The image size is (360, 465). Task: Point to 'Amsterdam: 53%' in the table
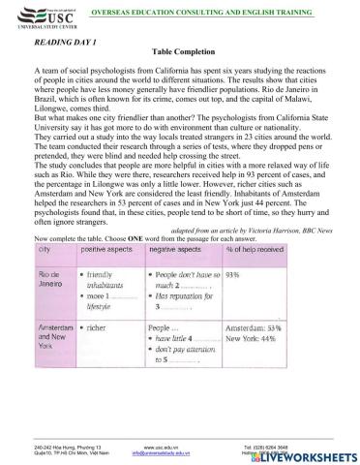[282, 355]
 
